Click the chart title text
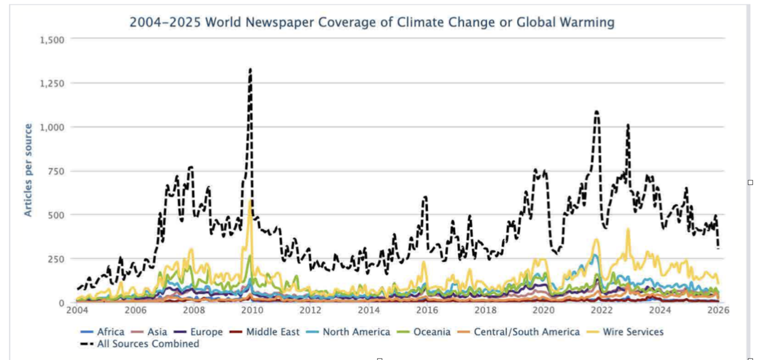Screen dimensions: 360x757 click(372, 22)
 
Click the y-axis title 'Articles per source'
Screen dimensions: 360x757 click(28, 170)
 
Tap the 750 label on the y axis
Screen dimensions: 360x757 click(57, 171)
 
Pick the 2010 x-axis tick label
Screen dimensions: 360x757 click(251, 311)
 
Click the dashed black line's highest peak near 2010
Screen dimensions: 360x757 click(250, 70)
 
